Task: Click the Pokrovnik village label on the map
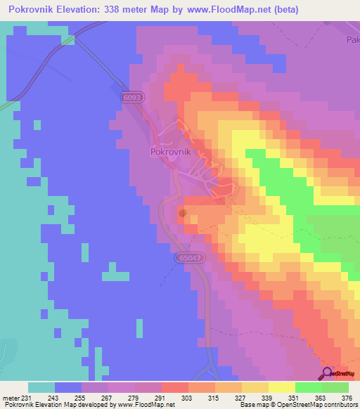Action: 172,150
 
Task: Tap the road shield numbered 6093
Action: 131,98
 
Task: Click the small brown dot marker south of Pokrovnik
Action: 182,212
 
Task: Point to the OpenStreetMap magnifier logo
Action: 327,374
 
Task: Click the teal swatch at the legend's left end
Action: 41,387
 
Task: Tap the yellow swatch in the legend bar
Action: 281,387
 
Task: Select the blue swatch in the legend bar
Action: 68,387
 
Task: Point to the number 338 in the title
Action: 117,9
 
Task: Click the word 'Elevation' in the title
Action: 80,9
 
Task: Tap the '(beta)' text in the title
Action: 279,9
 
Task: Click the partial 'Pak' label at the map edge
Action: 352,40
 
